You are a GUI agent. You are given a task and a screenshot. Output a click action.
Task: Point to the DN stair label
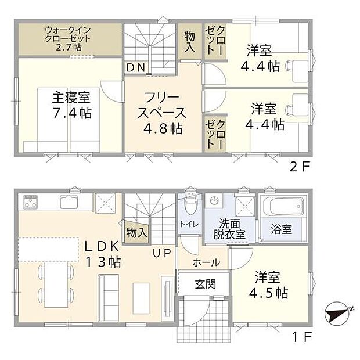(x=136, y=68)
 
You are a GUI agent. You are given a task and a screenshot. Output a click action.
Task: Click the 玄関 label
(x=204, y=285)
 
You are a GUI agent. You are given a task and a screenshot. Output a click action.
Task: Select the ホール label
(x=206, y=262)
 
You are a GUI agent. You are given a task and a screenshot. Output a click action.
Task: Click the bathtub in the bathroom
(x=282, y=206)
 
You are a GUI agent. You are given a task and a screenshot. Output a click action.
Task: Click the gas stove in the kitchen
(x=31, y=203)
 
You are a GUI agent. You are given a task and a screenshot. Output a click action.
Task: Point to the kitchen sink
(x=69, y=203)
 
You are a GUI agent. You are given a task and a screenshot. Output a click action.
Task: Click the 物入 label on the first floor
(x=136, y=233)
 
